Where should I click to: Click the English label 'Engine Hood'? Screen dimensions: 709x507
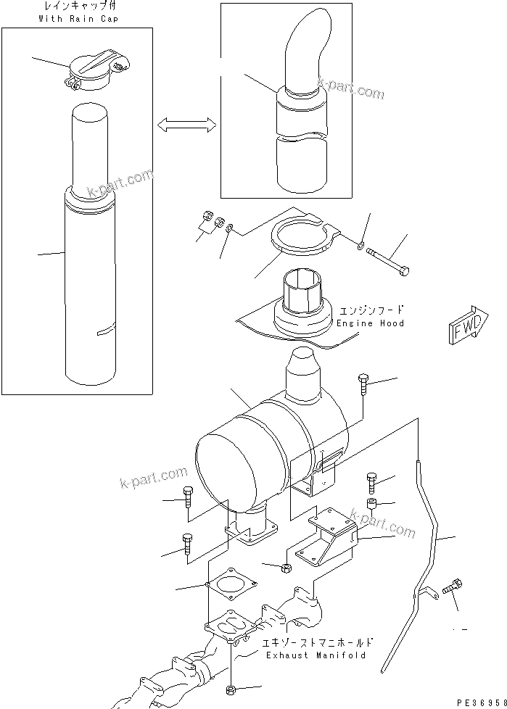(x=370, y=323)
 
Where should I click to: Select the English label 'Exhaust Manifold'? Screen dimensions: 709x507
(x=313, y=655)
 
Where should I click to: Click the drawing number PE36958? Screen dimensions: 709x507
(x=479, y=702)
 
